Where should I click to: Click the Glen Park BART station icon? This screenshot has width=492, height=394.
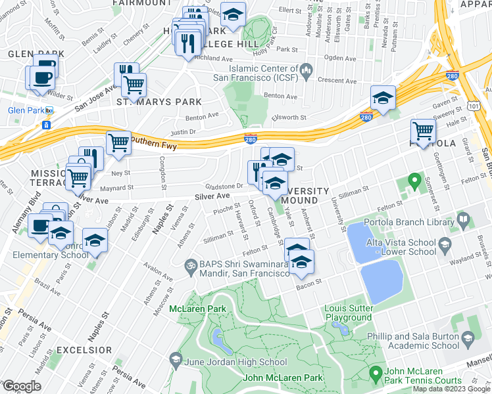[46, 125]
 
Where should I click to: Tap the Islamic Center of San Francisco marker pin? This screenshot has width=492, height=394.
[306, 70]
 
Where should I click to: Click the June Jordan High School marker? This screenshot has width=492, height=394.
[176, 359]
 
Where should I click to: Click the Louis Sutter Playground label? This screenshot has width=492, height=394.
[347, 313]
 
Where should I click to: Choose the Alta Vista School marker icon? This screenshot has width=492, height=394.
[444, 247]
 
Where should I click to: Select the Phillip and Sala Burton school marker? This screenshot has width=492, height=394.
[468, 339]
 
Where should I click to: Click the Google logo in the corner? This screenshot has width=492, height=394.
[21, 386]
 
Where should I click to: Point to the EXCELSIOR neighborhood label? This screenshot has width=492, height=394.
[84, 350]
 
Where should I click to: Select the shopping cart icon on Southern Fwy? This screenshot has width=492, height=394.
[118, 142]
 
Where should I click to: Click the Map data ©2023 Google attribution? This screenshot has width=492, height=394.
[451, 389]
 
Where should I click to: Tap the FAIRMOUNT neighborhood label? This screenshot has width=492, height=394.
[143, 3]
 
